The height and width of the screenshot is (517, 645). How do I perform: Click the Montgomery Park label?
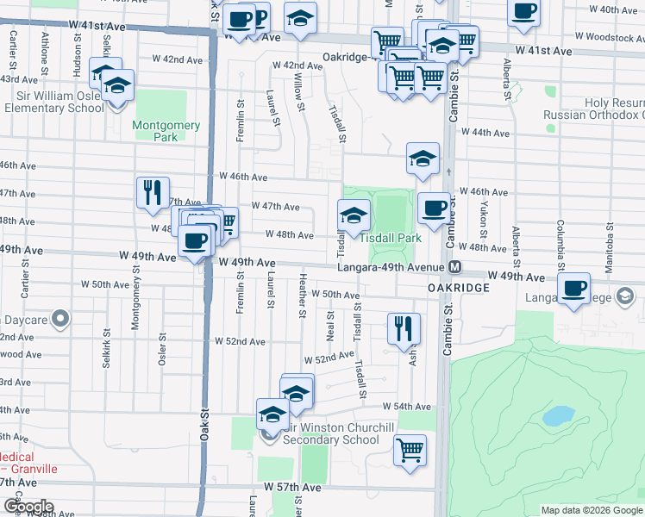166,131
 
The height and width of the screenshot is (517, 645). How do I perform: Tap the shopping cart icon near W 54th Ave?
410,449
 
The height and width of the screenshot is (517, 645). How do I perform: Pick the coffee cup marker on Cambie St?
434,207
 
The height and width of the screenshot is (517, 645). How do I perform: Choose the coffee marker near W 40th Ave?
524,12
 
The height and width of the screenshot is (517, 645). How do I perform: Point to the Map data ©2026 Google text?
591,510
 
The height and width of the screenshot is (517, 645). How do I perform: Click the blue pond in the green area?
558,417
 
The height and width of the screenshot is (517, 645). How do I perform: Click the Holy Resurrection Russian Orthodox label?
595,109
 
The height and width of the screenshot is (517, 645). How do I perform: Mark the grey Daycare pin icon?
59,320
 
